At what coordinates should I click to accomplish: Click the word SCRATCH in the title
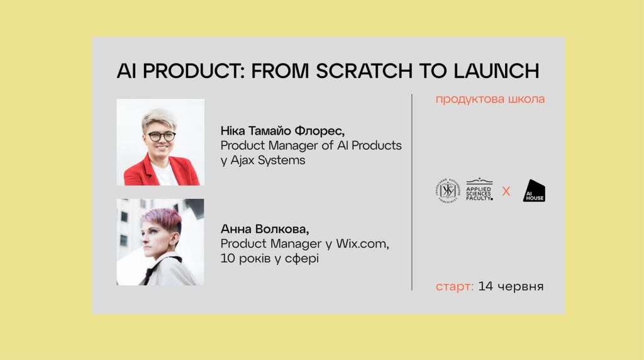pyautogui.click(x=364, y=71)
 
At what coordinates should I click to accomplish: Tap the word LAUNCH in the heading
pyautogui.click(x=497, y=71)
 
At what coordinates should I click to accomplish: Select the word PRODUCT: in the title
pyautogui.click(x=194, y=71)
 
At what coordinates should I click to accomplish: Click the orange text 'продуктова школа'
pyautogui.click(x=490, y=99)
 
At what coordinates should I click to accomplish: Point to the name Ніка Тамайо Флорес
pyautogui.click(x=282, y=131)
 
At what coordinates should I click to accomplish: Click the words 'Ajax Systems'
pyautogui.click(x=268, y=160)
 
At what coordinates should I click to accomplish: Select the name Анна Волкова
pyautogui.click(x=265, y=229)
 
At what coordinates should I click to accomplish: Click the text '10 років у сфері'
pyautogui.click(x=269, y=259)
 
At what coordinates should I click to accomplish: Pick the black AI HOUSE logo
pyautogui.click(x=534, y=191)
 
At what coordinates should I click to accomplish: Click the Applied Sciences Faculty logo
pyautogui.click(x=479, y=190)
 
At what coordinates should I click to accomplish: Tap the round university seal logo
pyautogui.click(x=448, y=190)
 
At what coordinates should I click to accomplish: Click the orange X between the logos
pyautogui.click(x=506, y=191)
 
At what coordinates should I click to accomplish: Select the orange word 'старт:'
pyautogui.click(x=455, y=286)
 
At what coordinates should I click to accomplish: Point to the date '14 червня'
pyautogui.click(x=511, y=286)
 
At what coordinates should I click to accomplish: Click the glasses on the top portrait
pyautogui.click(x=162, y=137)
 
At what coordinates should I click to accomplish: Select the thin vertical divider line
pyautogui.click(x=412, y=193)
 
